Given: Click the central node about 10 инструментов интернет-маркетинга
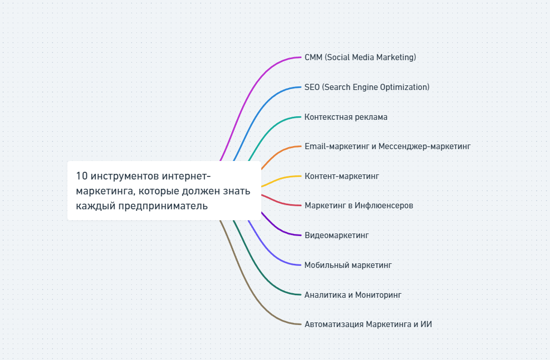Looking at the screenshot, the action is pyautogui.click(x=164, y=191).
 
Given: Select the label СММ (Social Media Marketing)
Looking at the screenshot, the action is pyautogui.click(x=360, y=57).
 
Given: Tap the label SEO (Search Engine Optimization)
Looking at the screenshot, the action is pyautogui.click(x=367, y=87).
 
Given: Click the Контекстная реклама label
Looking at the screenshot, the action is pyautogui.click(x=346, y=117).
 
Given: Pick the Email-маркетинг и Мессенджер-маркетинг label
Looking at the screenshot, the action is pyautogui.click(x=387, y=146).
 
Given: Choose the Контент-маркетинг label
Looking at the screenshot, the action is pyautogui.click(x=342, y=176).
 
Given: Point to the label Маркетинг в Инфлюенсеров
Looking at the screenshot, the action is pyautogui.click(x=359, y=206).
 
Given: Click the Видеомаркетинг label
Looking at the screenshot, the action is pyautogui.click(x=336, y=236).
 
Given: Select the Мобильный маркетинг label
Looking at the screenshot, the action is pyautogui.click(x=348, y=265).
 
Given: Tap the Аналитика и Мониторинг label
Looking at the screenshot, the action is pyautogui.click(x=352, y=295).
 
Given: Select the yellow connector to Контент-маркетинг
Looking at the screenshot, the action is pyautogui.click(x=280, y=178).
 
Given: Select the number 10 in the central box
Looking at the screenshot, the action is pyautogui.click(x=81, y=176).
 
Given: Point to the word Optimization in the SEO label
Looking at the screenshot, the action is pyautogui.click(x=404, y=87).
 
